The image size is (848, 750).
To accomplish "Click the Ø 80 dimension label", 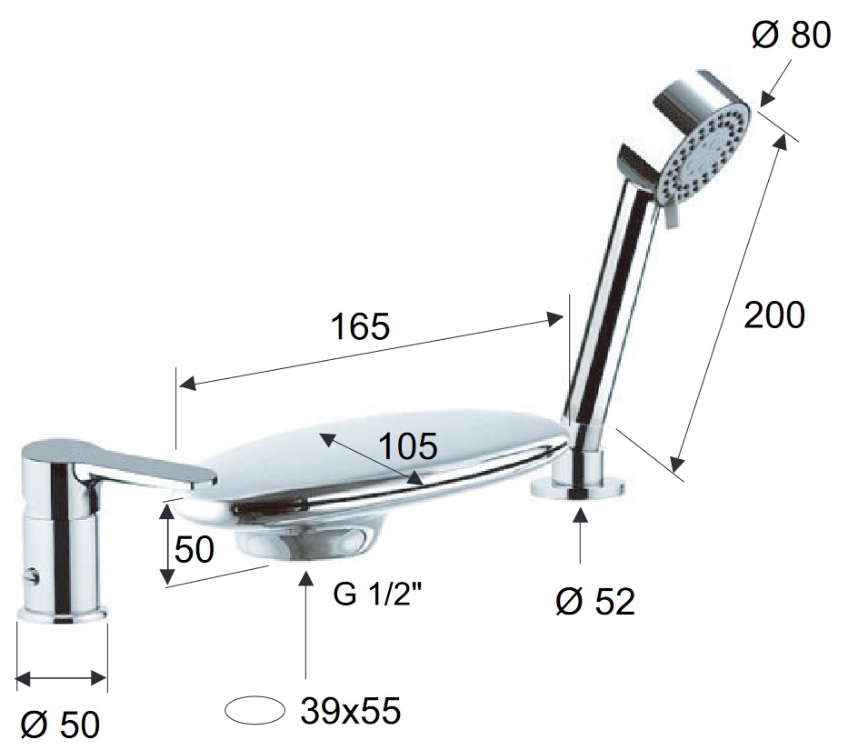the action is (791, 35).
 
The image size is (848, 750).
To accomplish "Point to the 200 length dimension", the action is (774, 315).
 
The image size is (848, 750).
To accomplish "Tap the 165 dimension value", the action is (360, 326).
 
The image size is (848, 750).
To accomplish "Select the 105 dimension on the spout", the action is (407, 447).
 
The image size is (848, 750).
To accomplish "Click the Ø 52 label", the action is (595, 601).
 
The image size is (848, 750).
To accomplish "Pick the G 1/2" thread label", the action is (377, 595).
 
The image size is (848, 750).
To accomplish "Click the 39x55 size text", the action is (351, 711).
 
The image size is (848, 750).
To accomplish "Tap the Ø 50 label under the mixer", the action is (60, 724).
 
